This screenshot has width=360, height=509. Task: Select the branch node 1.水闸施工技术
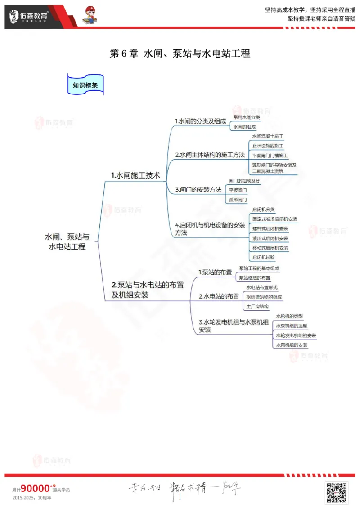coord(135,175)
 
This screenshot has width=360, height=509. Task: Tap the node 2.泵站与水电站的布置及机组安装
coord(148,290)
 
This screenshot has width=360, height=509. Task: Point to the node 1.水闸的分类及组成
coord(200,121)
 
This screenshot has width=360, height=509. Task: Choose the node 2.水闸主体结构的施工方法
coord(210,155)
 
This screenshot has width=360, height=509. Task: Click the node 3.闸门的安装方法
coord(198,190)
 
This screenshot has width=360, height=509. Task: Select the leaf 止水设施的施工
coord(267,146)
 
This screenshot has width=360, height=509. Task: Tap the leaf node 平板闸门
coord(238,190)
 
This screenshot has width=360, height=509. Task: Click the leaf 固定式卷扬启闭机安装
coord(274,219)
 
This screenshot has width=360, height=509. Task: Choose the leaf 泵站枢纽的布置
coord(255,277)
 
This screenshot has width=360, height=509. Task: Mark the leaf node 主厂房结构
coord(257,306)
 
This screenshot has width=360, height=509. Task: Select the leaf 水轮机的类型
coord(289,316)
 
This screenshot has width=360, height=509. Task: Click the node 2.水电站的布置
coord(219,296)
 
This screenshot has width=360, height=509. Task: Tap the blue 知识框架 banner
coord(85,85)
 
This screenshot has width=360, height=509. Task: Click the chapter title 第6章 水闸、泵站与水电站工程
coord(180,54)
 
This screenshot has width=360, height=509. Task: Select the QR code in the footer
coord(337,492)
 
